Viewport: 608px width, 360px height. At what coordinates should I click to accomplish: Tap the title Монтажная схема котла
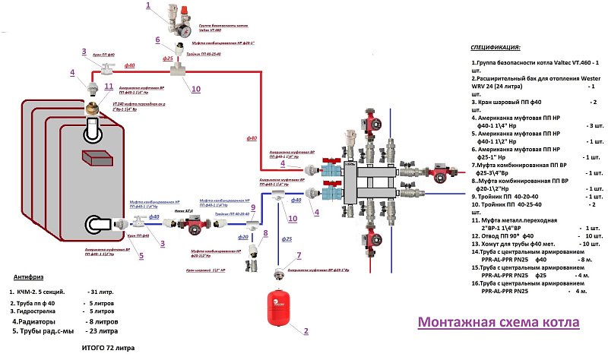click(499, 322)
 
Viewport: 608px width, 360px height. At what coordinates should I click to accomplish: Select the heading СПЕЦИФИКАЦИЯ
click(496, 47)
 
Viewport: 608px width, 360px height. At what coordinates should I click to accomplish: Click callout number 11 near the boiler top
click(108, 87)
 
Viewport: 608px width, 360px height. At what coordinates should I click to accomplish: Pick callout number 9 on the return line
click(252, 207)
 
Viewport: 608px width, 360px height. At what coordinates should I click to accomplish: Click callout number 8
click(265, 233)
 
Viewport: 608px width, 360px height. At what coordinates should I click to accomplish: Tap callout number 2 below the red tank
click(306, 331)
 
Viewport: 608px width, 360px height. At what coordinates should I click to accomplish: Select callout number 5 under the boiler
click(141, 255)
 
